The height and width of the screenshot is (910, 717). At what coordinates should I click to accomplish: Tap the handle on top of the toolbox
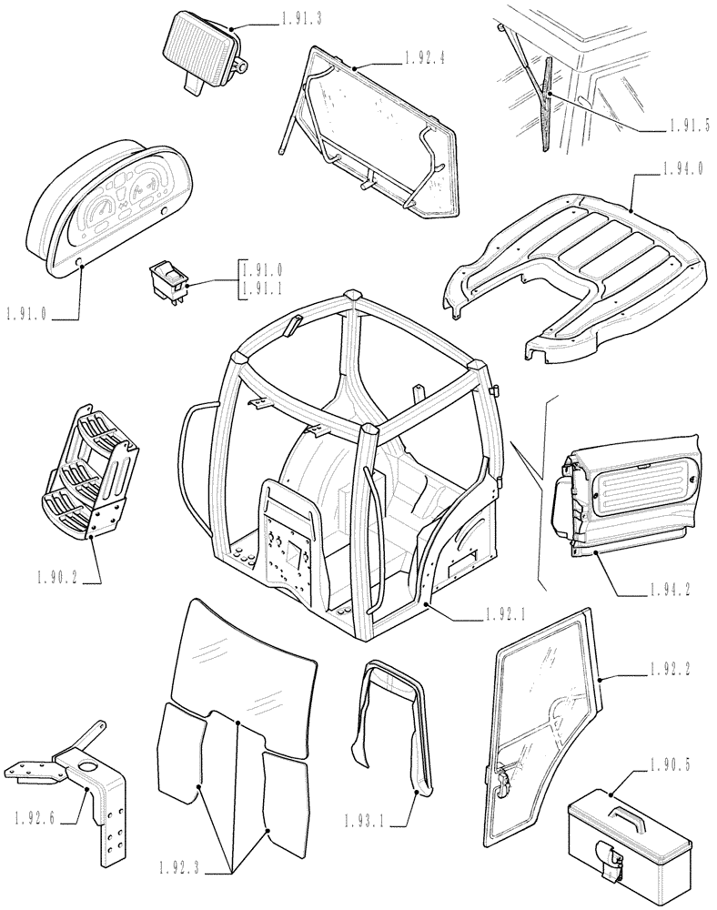(631, 801)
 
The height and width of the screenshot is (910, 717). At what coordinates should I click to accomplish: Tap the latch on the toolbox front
(609, 859)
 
